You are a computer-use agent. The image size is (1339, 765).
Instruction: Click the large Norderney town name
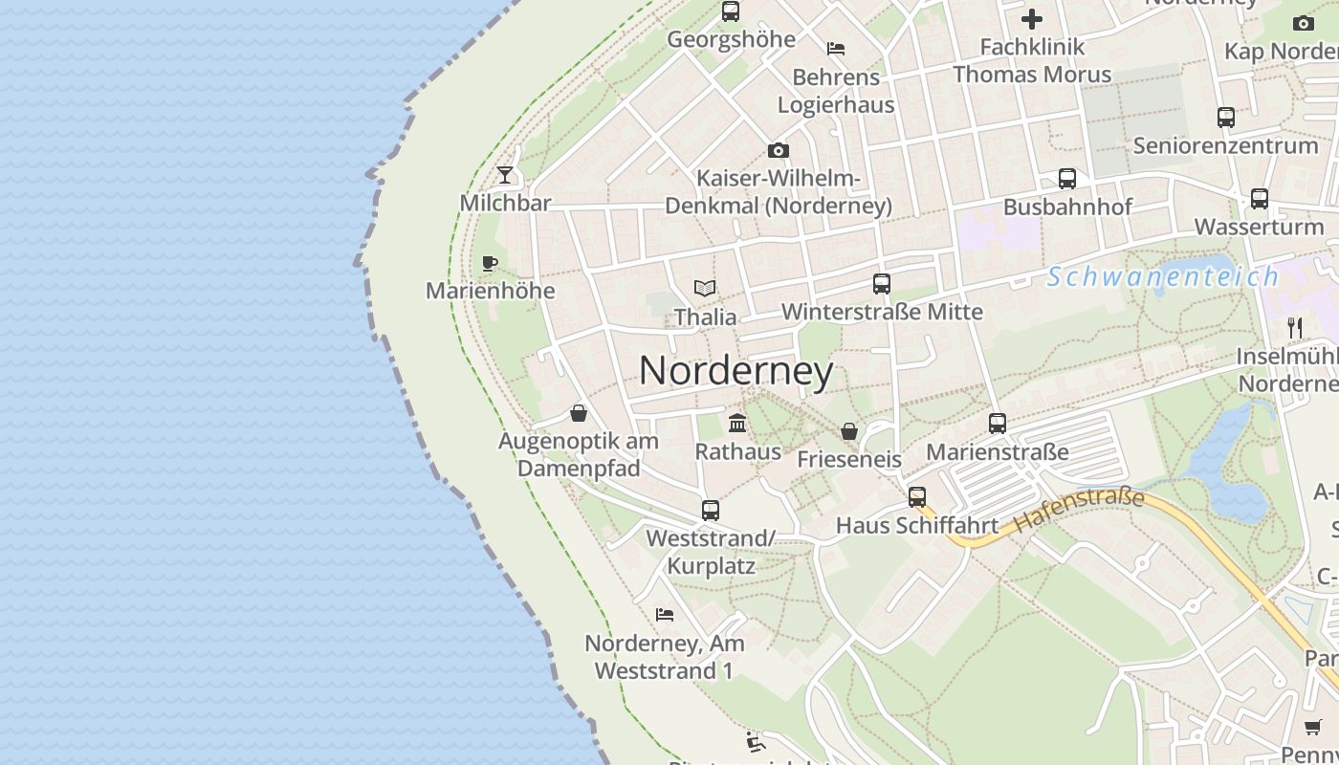(x=735, y=371)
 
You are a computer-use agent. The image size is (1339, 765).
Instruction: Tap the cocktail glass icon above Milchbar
(x=505, y=175)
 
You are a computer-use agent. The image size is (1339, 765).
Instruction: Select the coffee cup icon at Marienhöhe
(x=490, y=263)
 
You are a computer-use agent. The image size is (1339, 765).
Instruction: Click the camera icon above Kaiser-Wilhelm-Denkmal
(x=779, y=150)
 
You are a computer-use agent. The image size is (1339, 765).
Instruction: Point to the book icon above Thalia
(x=705, y=288)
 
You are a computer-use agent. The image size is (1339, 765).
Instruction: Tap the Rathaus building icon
(x=737, y=423)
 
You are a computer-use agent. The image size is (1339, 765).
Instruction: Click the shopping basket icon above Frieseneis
(x=848, y=431)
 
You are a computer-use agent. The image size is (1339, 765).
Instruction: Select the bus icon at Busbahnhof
(x=1067, y=179)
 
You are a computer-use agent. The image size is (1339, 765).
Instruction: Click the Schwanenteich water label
(x=1162, y=277)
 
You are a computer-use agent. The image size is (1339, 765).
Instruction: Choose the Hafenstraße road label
(x=1079, y=510)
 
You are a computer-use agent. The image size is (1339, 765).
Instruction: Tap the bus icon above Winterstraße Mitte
(x=882, y=284)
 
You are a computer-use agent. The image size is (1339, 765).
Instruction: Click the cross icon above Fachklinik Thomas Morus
(x=1032, y=18)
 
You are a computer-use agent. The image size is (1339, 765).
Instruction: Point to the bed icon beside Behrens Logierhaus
(x=836, y=48)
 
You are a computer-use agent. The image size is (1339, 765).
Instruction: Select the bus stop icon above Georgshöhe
(x=731, y=11)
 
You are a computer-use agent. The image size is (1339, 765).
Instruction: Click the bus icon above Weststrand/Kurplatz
(x=711, y=511)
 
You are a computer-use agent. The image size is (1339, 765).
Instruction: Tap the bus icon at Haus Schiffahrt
(x=917, y=497)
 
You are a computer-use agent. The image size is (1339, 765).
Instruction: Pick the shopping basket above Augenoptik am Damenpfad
(x=579, y=413)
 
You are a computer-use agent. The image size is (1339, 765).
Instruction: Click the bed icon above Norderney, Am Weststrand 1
(x=665, y=614)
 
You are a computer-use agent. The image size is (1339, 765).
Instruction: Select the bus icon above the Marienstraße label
(x=998, y=423)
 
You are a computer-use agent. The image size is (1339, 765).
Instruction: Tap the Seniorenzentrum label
(x=1225, y=146)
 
